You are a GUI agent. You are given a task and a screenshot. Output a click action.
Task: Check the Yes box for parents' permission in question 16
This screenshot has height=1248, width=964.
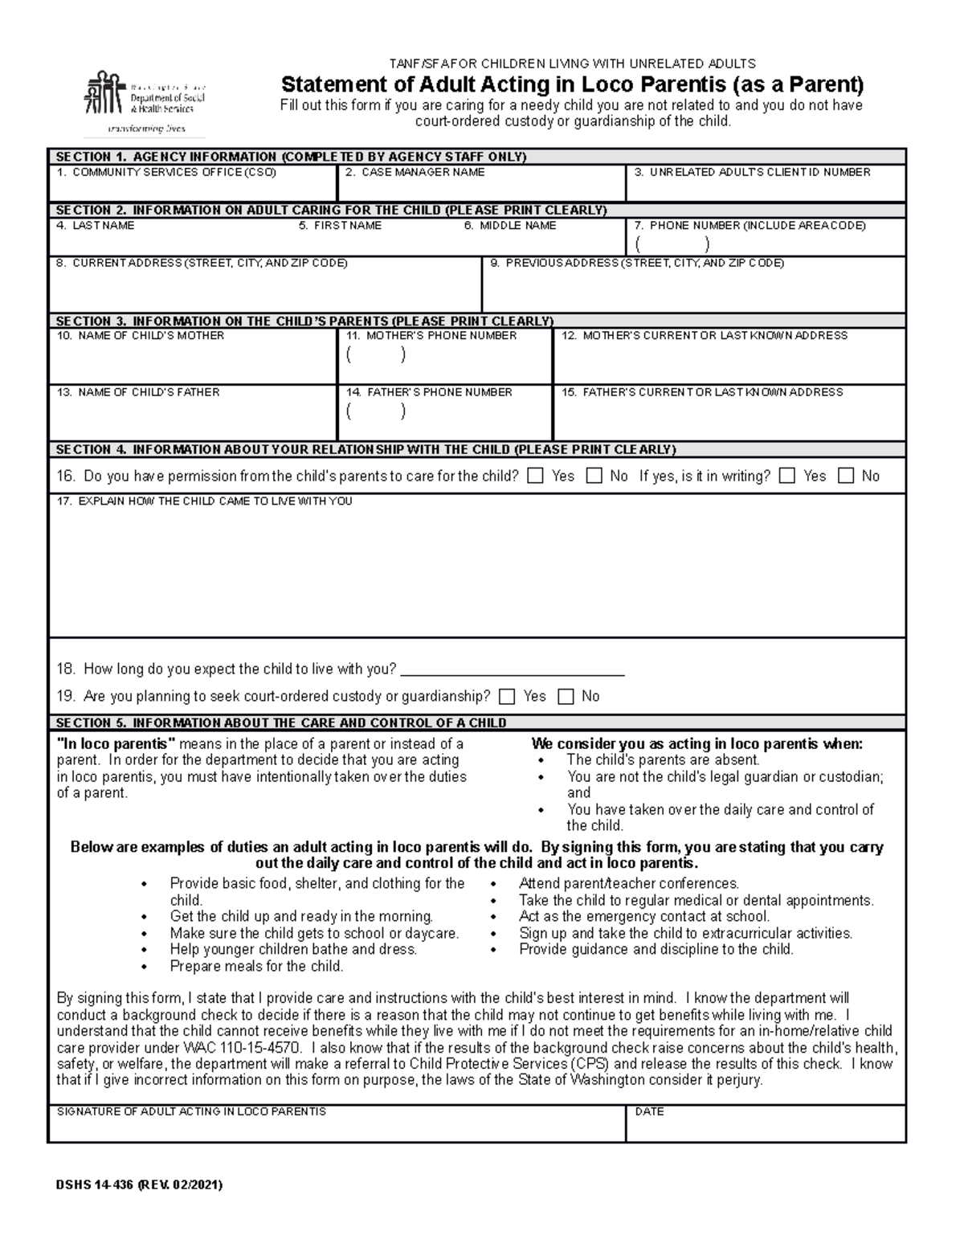[x=535, y=476]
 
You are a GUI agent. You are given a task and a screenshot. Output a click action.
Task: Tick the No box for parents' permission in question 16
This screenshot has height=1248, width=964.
[x=594, y=476]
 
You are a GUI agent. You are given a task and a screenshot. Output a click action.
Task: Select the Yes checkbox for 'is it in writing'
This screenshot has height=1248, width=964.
[x=787, y=476]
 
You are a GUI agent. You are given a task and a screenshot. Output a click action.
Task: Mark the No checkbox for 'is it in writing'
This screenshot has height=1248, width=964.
[x=845, y=476]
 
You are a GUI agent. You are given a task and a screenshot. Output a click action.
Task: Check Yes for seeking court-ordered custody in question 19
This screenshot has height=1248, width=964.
[x=507, y=696]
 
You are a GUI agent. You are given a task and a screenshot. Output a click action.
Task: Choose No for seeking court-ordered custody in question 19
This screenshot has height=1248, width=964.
[x=566, y=696]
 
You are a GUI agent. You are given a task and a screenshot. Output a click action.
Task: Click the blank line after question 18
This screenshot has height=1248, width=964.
[x=512, y=670]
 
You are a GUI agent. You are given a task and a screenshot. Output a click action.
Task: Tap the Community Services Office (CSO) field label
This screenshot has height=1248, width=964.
[x=166, y=172]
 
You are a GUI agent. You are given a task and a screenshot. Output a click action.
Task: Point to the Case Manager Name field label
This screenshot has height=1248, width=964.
[x=415, y=172]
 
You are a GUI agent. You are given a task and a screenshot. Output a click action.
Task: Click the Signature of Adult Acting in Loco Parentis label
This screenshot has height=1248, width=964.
[x=191, y=1111]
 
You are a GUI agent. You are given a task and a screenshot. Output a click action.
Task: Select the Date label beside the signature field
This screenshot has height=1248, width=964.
[x=649, y=1111]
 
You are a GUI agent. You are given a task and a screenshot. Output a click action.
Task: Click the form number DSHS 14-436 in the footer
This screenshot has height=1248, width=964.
[x=139, y=1185]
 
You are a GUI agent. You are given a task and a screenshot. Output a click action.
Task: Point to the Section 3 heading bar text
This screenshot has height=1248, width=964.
[x=304, y=321]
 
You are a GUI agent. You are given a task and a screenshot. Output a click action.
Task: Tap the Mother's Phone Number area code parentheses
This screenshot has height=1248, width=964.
[x=375, y=354]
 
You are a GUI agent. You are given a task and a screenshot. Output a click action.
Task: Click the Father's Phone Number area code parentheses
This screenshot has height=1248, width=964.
[x=375, y=411]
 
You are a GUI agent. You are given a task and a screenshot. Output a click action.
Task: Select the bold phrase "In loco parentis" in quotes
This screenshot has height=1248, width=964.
[x=116, y=744]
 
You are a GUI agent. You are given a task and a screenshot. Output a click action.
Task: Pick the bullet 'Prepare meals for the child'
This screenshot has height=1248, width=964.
[x=256, y=966]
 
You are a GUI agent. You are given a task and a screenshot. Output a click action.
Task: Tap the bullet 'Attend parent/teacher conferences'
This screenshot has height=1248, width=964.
[x=628, y=883]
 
